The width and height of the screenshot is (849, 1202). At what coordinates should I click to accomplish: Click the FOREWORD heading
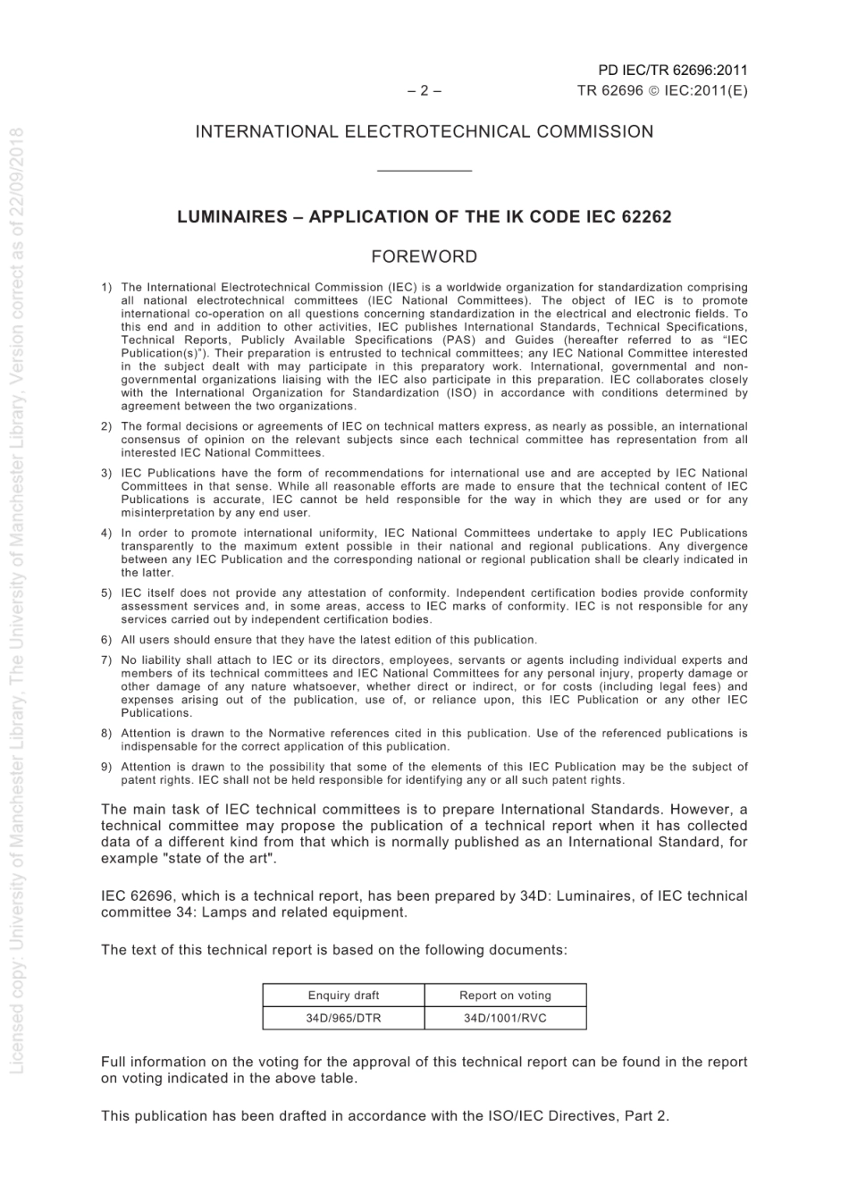click(x=424, y=256)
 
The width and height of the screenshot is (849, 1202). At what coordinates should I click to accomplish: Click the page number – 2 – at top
click(x=424, y=90)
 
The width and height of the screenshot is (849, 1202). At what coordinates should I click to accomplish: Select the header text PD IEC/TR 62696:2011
click(x=673, y=71)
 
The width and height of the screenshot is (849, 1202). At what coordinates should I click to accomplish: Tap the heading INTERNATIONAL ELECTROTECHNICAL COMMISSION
click(x=424, y=132)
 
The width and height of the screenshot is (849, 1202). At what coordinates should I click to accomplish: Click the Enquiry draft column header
click(x=343, y=996)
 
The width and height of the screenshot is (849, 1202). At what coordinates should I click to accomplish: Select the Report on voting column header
click(x=505, y=996)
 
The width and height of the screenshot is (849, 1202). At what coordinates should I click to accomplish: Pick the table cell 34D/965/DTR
click(x=343, y=1018)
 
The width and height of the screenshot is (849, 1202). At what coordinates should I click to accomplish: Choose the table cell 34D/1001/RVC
click(x=505, y=1018)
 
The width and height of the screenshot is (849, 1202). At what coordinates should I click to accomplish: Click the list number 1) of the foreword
click(x=106, y=288)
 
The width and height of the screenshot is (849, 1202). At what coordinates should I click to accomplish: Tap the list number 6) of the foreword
click(x=106, y=640)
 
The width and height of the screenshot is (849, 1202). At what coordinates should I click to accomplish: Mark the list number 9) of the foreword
click(x=106, y=767)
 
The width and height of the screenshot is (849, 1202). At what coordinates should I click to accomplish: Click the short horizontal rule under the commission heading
click(x=424, y=171)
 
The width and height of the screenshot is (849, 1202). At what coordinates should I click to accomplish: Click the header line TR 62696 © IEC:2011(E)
click(x=662, y=90)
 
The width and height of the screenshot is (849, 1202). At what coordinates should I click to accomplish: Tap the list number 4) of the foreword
click(x=106, y=534)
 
